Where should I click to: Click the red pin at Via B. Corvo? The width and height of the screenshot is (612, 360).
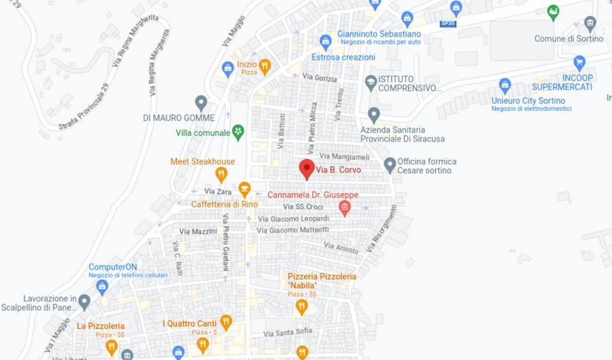point(307,169)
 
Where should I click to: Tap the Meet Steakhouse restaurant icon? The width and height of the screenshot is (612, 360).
point(221,175)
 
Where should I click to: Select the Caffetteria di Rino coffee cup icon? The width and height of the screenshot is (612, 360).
point(244,189)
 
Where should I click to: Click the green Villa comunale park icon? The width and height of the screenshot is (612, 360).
point(238,132)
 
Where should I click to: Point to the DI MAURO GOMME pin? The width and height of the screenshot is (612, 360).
point(201,103)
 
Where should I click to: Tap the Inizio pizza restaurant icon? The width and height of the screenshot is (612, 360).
point(264,65)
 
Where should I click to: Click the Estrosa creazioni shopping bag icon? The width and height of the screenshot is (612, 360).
point(326,42)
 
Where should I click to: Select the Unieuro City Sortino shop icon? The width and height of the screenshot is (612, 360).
point(505,86)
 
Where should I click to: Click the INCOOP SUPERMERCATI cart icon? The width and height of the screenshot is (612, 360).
point(579,62)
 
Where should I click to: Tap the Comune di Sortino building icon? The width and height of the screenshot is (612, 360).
point(590,24)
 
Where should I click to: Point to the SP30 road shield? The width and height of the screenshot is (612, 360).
point(447,23)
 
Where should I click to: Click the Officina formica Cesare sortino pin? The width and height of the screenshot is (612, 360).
point(390,165)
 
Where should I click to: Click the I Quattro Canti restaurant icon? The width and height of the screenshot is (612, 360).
point(225,323)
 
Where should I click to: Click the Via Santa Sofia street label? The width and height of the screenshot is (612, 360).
point(287,332)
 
